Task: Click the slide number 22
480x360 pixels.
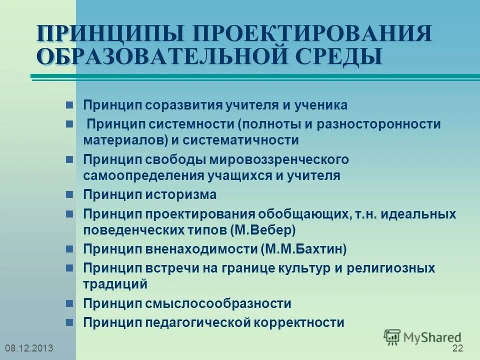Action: pyautogui.click(x=457, y=348)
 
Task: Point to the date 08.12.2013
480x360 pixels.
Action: pyautogui.click(x=28, y=348)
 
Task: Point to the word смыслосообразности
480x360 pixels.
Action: pyautogui.click(x=218, y=303)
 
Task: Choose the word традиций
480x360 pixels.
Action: pyautogui.click(x=115, y=284)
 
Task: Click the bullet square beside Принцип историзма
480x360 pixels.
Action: pyautogui.click(x=70, y=194)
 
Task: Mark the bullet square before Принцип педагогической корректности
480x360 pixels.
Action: pyautogui.click(x=70, y=322)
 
